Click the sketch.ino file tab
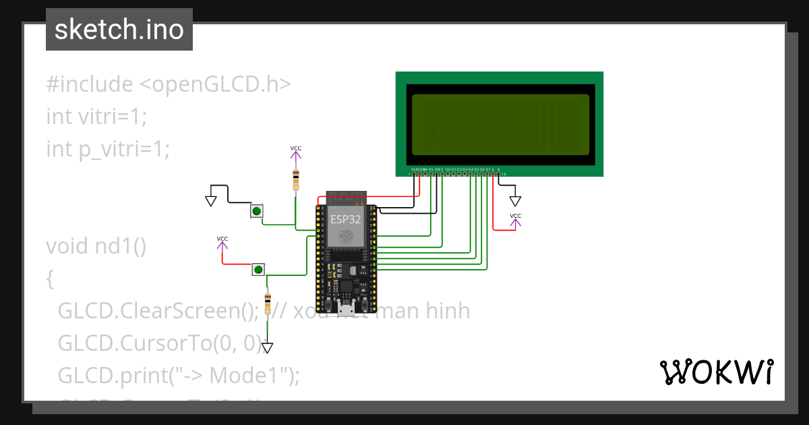(x=119, y=30)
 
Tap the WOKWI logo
(x=716, y=372)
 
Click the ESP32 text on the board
(x=345, y=219)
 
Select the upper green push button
(x=256, y=211)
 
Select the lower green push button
(x=258, y=270)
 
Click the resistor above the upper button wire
(x=295, y=180)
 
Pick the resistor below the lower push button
(x=268, y=304)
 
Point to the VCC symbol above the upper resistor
(x=295, y=152)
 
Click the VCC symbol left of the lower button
(x=222, y=242)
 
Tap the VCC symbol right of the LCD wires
(x=515, y=219)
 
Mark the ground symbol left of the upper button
(x=211, y=200)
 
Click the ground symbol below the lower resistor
(x=268, y=347)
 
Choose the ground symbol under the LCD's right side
(x=515, y=200)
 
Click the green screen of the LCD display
(x=500, y=125)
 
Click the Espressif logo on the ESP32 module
(x=345, y=237)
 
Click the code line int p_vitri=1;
(x=108, y=149)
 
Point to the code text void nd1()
(x=96, y=246)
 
